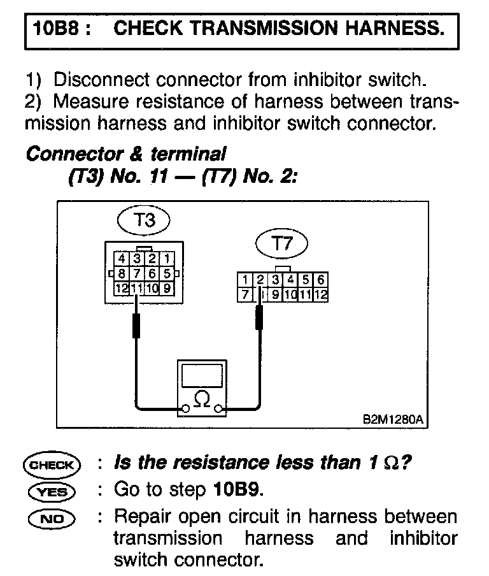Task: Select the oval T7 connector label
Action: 281,243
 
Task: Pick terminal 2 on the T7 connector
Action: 260,280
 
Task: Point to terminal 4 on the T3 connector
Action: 121,259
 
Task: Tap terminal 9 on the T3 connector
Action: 167,288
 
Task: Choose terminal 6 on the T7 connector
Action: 321,280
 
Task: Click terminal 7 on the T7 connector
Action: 244,294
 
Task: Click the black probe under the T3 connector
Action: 136,326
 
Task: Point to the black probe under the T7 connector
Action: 259,317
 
